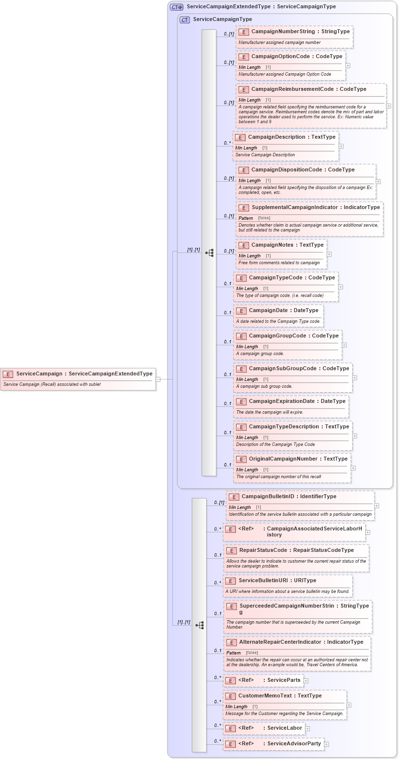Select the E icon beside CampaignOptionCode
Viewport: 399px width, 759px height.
(x=243, y=57)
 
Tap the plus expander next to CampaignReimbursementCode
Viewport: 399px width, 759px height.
(x=388, y=105)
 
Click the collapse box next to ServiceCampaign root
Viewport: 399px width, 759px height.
(x=158, y=379)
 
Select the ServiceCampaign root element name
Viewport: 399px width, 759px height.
(x=39, y=374)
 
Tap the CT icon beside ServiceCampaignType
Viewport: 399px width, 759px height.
(x=185, y=20)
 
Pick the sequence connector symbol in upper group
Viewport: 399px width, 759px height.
(x=210, y=253)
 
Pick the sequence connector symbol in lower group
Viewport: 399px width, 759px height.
(x=199, y=625)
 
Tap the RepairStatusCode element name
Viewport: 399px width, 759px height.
(x=263, y=550)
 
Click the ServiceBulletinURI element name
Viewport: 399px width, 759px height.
(x=263, y=581)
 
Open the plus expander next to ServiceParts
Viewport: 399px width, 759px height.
(x=306, y=680)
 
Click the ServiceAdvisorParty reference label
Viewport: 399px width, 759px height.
(x=294, y=744)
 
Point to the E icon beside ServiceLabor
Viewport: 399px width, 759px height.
(x=231, y=729)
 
